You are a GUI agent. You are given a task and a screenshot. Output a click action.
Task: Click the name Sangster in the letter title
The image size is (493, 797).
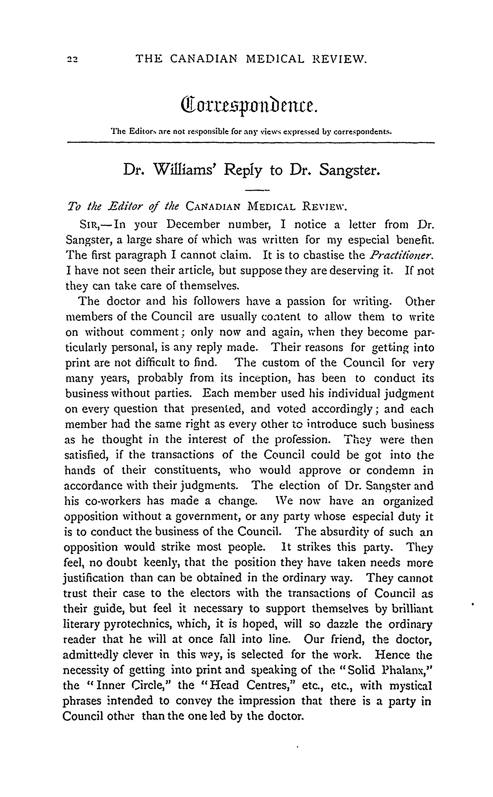tap(349, 169)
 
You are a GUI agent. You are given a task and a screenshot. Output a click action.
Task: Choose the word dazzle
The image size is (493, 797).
tap(342, 624)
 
